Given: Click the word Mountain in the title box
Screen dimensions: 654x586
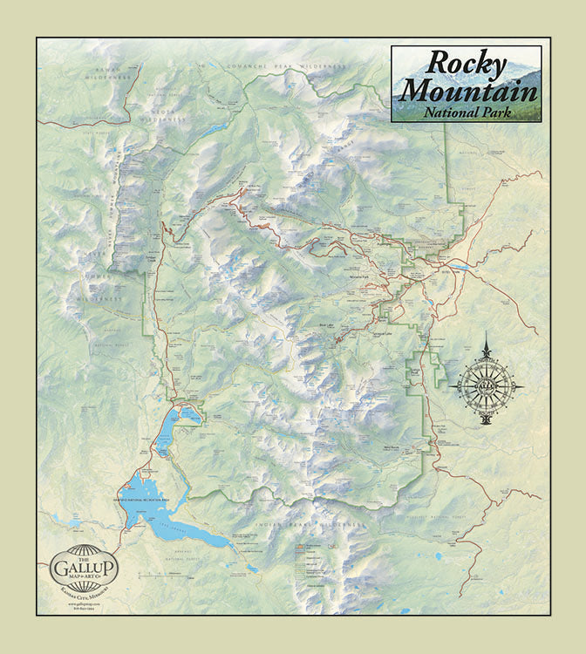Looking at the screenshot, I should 469,90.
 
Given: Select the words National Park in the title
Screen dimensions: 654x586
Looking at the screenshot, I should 468,112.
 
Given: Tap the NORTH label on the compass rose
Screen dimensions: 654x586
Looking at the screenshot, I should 486,358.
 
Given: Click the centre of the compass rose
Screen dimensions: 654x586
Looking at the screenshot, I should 486,384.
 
